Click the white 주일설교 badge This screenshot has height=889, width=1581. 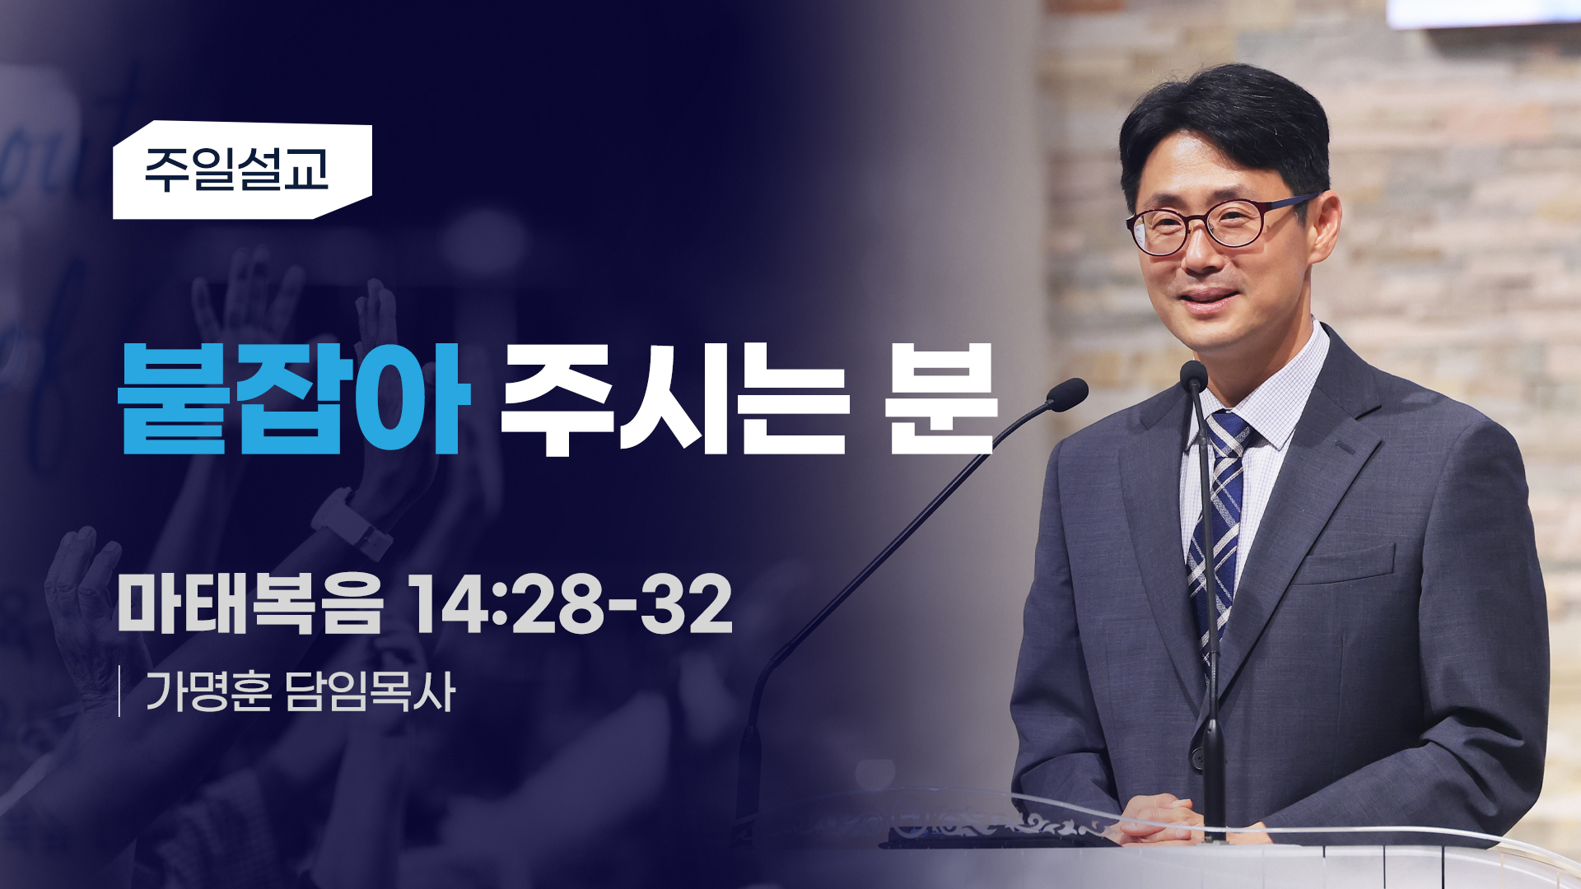click(x=242, y=170)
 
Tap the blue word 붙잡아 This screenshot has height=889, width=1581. click(x=294, y=398)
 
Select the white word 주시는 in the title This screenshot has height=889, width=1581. click(x=674, y=398)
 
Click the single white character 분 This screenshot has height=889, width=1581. click(x=942, y=398)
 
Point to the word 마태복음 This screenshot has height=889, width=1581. click(x=250, y=603)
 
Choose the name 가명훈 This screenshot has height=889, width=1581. click(x=208, y=691)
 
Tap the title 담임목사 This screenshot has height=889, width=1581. click(x=370, y=691)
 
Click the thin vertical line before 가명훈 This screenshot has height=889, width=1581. click(x=120, y=691)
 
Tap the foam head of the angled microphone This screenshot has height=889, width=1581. click(x=1069, y=394)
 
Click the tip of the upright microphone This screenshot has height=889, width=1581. click(x=1193, y=375)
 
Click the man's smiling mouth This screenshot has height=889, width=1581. click(x=1210, y=297)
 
